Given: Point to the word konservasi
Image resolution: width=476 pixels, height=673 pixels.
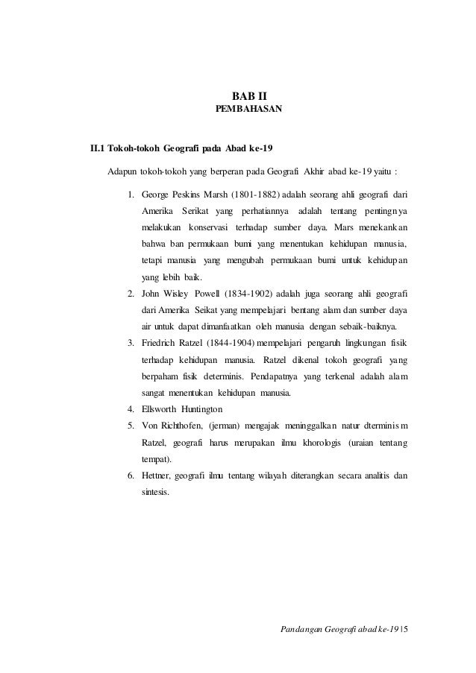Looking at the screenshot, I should click(x=208, y=227).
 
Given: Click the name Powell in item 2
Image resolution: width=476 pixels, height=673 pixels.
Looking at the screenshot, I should click(x=213, y=294).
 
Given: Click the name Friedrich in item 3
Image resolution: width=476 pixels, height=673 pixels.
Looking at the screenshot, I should click(x=162, y=343).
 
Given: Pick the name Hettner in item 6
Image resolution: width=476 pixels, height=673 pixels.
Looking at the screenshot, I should click(x=158, y=475).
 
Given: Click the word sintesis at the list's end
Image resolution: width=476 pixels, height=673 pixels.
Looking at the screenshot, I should click(x=157, y=492).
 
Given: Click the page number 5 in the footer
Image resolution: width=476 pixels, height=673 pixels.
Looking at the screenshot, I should click(x=414, y=635).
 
